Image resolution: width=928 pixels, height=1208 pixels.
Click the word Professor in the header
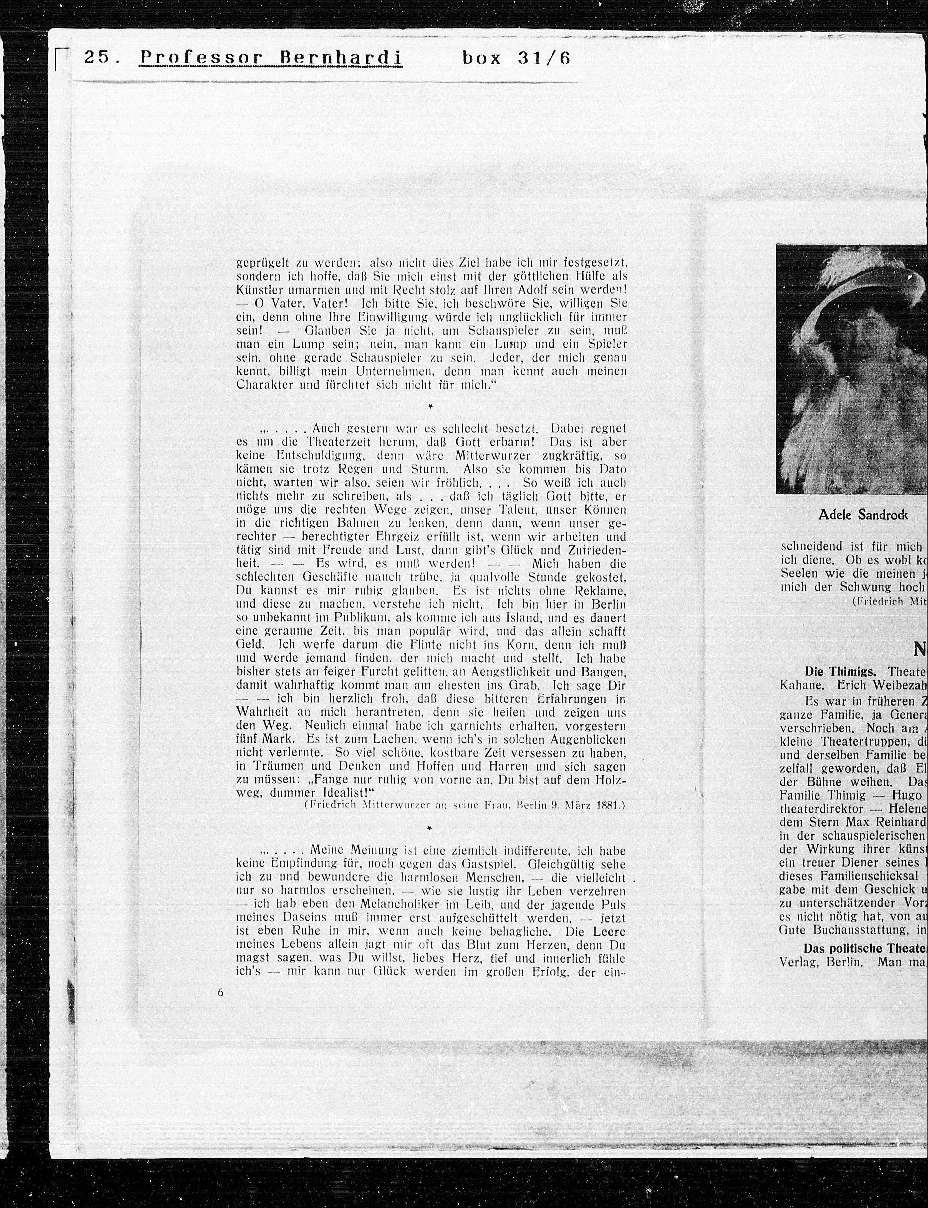coord(201,57)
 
